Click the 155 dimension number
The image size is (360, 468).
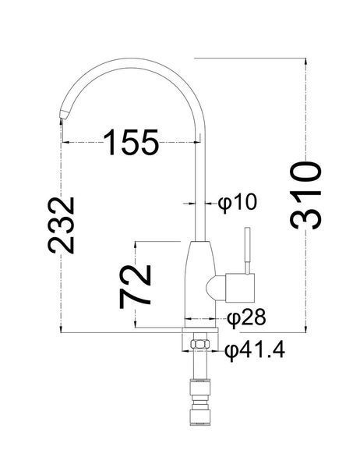pyautogui.click(x=131, y=143)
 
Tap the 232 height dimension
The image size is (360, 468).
pyautogui.click(x=61, y=225)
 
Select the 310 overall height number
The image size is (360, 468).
pyautogui.click(x=305, y=196)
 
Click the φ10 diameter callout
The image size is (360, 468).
pyautogui.click(x=237, y=203)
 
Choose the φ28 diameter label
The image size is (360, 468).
pyautogui.click(x=246, y=317)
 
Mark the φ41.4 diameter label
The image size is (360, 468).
pyautogui.click(x=255, y=350)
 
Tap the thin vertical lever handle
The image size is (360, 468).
pyautogui.click(x=247, y=250)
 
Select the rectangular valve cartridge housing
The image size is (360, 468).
pyautogui.click(x=241, y=287)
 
